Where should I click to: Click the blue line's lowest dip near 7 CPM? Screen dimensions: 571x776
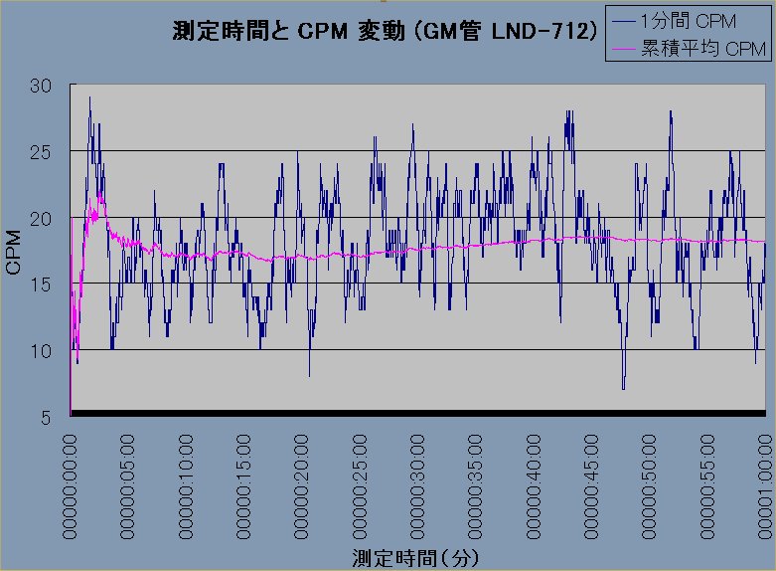pos(623,389)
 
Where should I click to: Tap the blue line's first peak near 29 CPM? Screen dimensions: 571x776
pos(89,97)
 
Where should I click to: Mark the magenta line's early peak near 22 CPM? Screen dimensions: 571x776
pos(100,191)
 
